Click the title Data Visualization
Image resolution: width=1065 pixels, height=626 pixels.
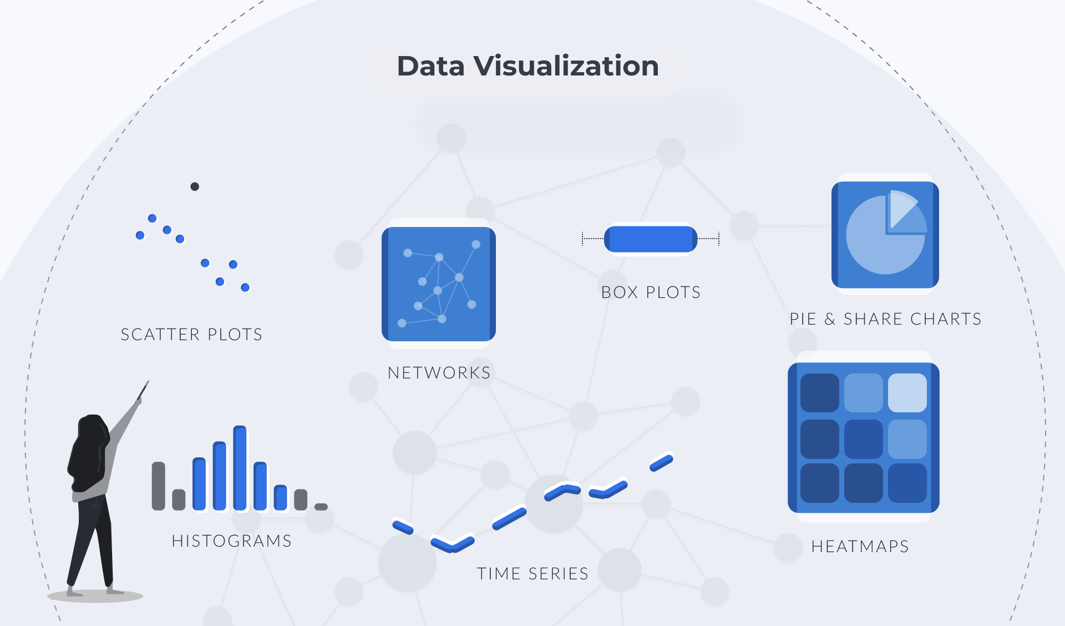(x=528, y=66)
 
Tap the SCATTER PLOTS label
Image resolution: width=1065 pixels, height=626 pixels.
(x=191, y=335)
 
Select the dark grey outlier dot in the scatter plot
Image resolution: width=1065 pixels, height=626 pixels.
(x=195, y=186)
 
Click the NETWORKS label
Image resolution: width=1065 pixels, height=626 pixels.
(x=439, y=373)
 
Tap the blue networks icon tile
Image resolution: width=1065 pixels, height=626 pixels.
(x=439, y=284)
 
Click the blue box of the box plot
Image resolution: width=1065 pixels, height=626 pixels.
(x=651, y=239)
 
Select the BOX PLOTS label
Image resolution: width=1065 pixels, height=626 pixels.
(x=651, y=292)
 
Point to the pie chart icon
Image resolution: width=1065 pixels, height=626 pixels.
(x=885, y=234)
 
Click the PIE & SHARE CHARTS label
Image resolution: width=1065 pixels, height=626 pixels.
(x=885, y=319)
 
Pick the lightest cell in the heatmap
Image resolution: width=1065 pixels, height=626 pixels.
(x=907, y=393)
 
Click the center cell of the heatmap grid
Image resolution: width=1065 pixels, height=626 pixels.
(x=864, y=438)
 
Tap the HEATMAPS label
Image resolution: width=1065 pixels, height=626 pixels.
(x=860, y=547)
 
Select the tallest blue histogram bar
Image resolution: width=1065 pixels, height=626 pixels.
(x=240, y=468)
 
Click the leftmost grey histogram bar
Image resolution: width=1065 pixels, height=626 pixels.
(x=159, y=486)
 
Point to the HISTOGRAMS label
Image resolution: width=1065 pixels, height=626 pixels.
(x=231, y=541)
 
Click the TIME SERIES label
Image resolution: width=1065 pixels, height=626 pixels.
(x=532, y=574)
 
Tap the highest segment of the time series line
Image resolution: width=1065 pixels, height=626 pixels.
(x=661, y=463)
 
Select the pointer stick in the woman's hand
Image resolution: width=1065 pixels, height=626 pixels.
(x=143, y=391)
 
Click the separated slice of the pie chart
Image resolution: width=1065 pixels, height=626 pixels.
(x=905, y=211)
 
